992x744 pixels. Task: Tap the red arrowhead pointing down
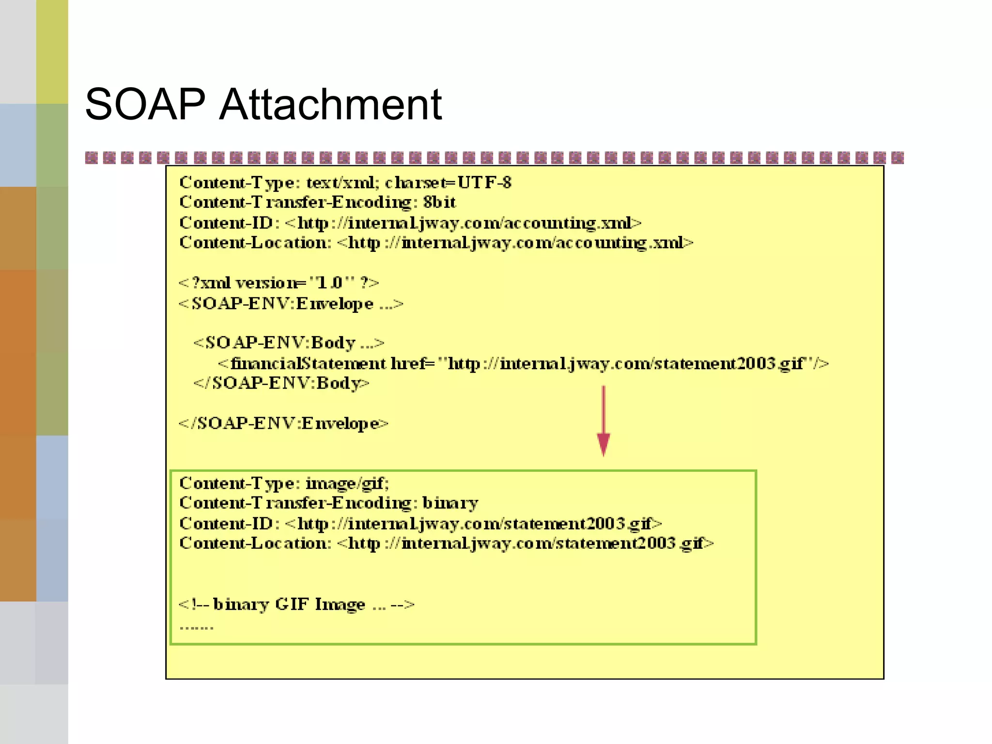(x=604, y=443)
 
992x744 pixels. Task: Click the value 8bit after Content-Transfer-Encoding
(x=439, y=202)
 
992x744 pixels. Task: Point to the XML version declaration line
(x=279, y=283)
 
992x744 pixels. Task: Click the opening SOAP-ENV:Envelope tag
(x=291, y=304)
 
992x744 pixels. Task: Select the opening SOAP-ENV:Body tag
(x=289, y=343)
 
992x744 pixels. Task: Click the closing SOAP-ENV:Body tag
(x=281, y=383)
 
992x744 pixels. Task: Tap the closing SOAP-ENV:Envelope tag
(x=283, y=423)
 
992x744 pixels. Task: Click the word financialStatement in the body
(x=308, y=363)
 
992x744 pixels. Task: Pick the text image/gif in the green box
(x=347, y=483)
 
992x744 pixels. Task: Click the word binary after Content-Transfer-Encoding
(x=450, y=503)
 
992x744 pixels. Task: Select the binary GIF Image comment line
(x=296, y=604)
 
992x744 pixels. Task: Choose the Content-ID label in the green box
(x=229, y=524)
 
